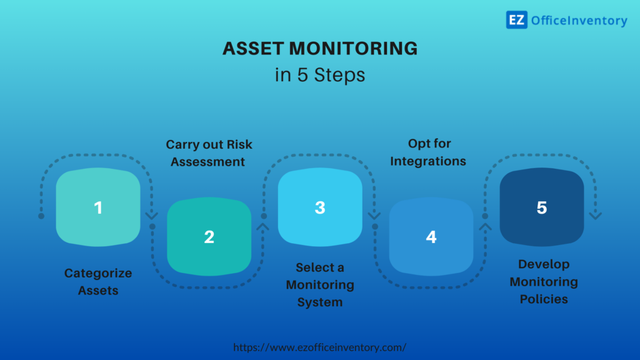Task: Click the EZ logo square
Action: click(516, 20)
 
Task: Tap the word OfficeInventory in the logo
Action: click(579, 21)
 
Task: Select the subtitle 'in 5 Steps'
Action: click(320, 75)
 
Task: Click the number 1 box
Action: click(98, 207)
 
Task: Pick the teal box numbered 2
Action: click(209, 237)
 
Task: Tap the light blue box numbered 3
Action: click(320, 207)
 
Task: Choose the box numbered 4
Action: click(431, 237)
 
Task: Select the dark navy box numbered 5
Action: click(541, 207)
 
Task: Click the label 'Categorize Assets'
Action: click(98, 282)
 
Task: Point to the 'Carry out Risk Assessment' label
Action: click(209, 153)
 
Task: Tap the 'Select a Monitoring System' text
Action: click(320, 285)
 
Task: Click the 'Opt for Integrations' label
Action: click(429, 152)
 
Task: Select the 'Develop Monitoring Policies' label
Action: click(543, 282)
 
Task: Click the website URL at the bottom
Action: click(320, 347)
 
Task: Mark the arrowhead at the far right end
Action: click(596, 216)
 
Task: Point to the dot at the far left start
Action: click(41, 216)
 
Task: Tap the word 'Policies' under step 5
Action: click(543, 299)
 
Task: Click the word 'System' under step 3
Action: click(320, 302)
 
